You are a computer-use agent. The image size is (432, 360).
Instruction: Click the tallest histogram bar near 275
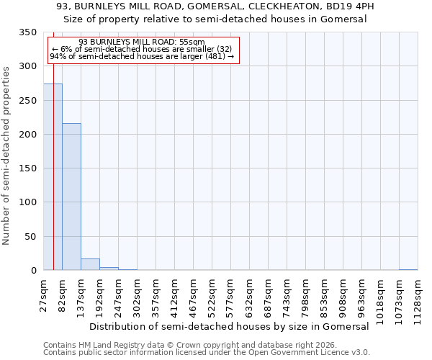tap(53, 177)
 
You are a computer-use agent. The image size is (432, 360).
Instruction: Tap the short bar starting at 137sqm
tap(90, 264)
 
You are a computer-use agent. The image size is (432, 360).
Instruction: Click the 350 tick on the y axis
tap(28, 32)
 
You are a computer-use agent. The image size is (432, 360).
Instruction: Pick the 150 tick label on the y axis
tap(28, 168)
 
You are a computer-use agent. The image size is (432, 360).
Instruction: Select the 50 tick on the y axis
tap(31, 236)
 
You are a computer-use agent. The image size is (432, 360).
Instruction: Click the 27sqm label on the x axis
tap(44, 294)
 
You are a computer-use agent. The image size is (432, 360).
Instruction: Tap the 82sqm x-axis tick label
tap(63, 294)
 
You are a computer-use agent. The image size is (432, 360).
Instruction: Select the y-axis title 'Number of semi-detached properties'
tap(6, 156)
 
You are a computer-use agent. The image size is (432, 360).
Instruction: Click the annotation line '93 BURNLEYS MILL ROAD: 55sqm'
tap(142, 42)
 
